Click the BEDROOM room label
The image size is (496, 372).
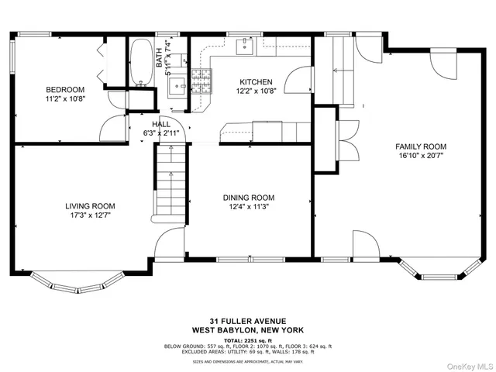(x=64, y=90)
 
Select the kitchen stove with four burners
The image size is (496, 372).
(x=201, y=79)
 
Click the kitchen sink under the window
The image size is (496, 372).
(x=244, y=45)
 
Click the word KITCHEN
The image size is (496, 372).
(x=255, y=81)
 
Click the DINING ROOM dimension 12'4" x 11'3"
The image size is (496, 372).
(x=249, y=207)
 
